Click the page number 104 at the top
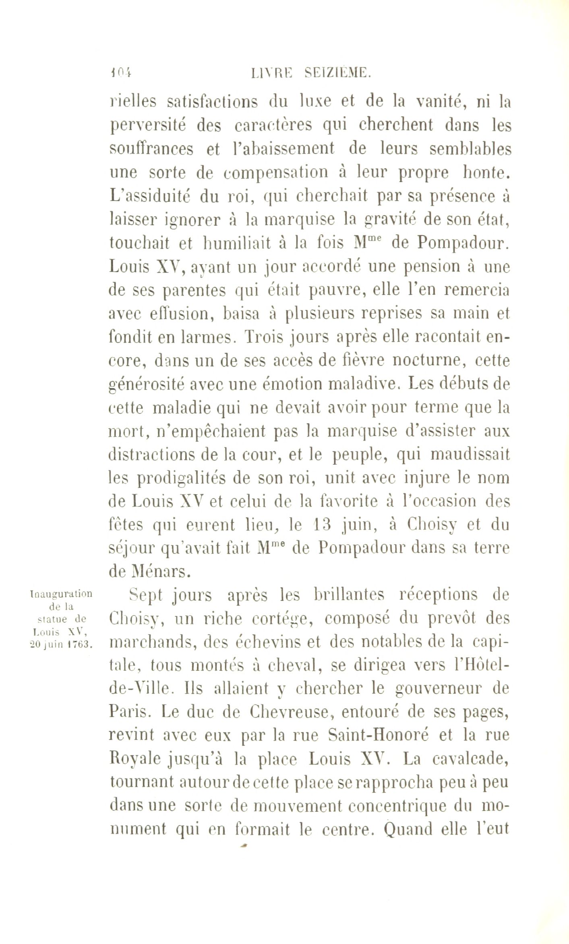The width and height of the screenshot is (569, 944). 121,73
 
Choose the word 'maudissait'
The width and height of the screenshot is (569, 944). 470,455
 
